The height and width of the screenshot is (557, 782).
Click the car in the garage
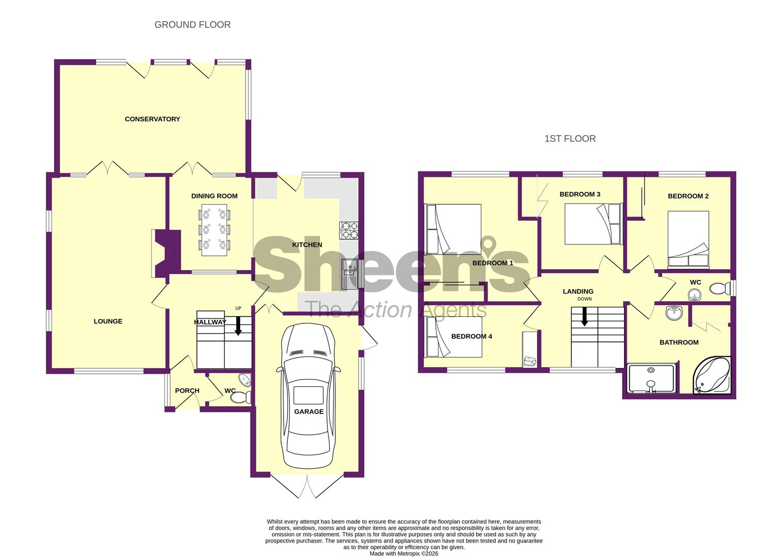coord(308,396)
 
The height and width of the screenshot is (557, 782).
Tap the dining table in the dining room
coord(215,229)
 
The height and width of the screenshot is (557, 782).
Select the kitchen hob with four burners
coord(349,231)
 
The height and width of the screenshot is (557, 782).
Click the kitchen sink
coord(349,274)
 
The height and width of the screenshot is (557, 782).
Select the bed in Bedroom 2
coord(688,239)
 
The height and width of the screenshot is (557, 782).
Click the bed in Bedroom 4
coord(453,337)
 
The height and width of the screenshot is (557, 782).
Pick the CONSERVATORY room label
coord(153,119)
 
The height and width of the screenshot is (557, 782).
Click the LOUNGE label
coord(108,321)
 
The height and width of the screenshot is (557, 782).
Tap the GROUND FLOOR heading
coord(192,25)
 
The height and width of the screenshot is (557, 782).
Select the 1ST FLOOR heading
coord(570,139)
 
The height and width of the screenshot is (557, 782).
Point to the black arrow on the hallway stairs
coord(238,326)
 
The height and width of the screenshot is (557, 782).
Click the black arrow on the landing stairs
coord(584,317)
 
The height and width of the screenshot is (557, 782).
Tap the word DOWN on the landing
coord(584,299)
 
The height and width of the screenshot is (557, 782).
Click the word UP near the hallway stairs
coord(238,308)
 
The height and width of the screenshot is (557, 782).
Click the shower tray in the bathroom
coord(651,379)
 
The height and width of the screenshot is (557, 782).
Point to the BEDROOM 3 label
coord(580,194)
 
